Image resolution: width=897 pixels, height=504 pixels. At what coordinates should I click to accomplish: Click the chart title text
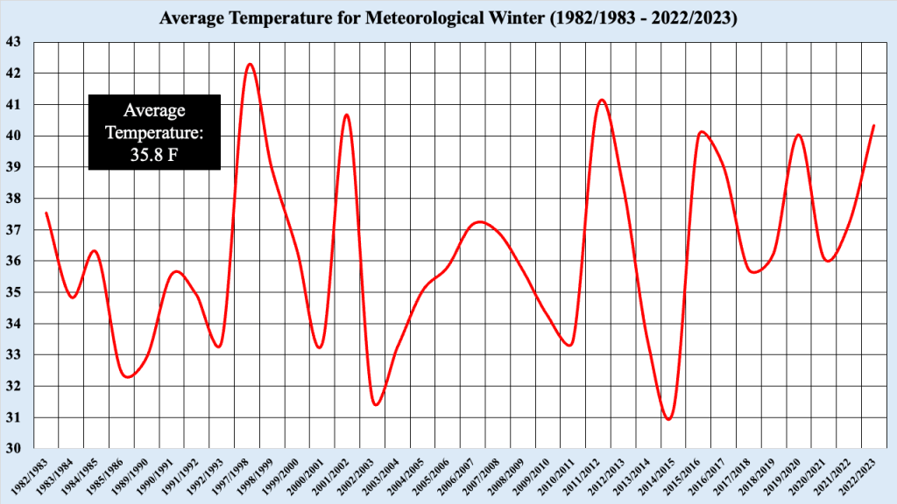pos(448,18)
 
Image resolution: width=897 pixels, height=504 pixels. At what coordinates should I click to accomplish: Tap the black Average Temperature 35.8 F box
pos(154,133)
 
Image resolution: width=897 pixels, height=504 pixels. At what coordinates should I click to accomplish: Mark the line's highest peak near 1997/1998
pos(250,64)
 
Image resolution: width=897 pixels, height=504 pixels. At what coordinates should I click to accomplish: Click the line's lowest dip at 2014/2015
pos(669,419)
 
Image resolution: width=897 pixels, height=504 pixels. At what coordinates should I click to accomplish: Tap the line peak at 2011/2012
pos(602,100)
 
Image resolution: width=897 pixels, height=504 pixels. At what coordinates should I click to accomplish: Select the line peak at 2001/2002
pos(346,115)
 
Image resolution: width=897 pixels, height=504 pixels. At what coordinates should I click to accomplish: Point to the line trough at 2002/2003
pos(376,404)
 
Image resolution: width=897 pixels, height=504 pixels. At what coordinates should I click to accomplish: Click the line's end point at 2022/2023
pos(874,125)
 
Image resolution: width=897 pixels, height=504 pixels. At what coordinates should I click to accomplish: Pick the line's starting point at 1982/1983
pos(46,213)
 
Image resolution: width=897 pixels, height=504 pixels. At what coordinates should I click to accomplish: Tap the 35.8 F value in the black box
pos(154,156)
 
